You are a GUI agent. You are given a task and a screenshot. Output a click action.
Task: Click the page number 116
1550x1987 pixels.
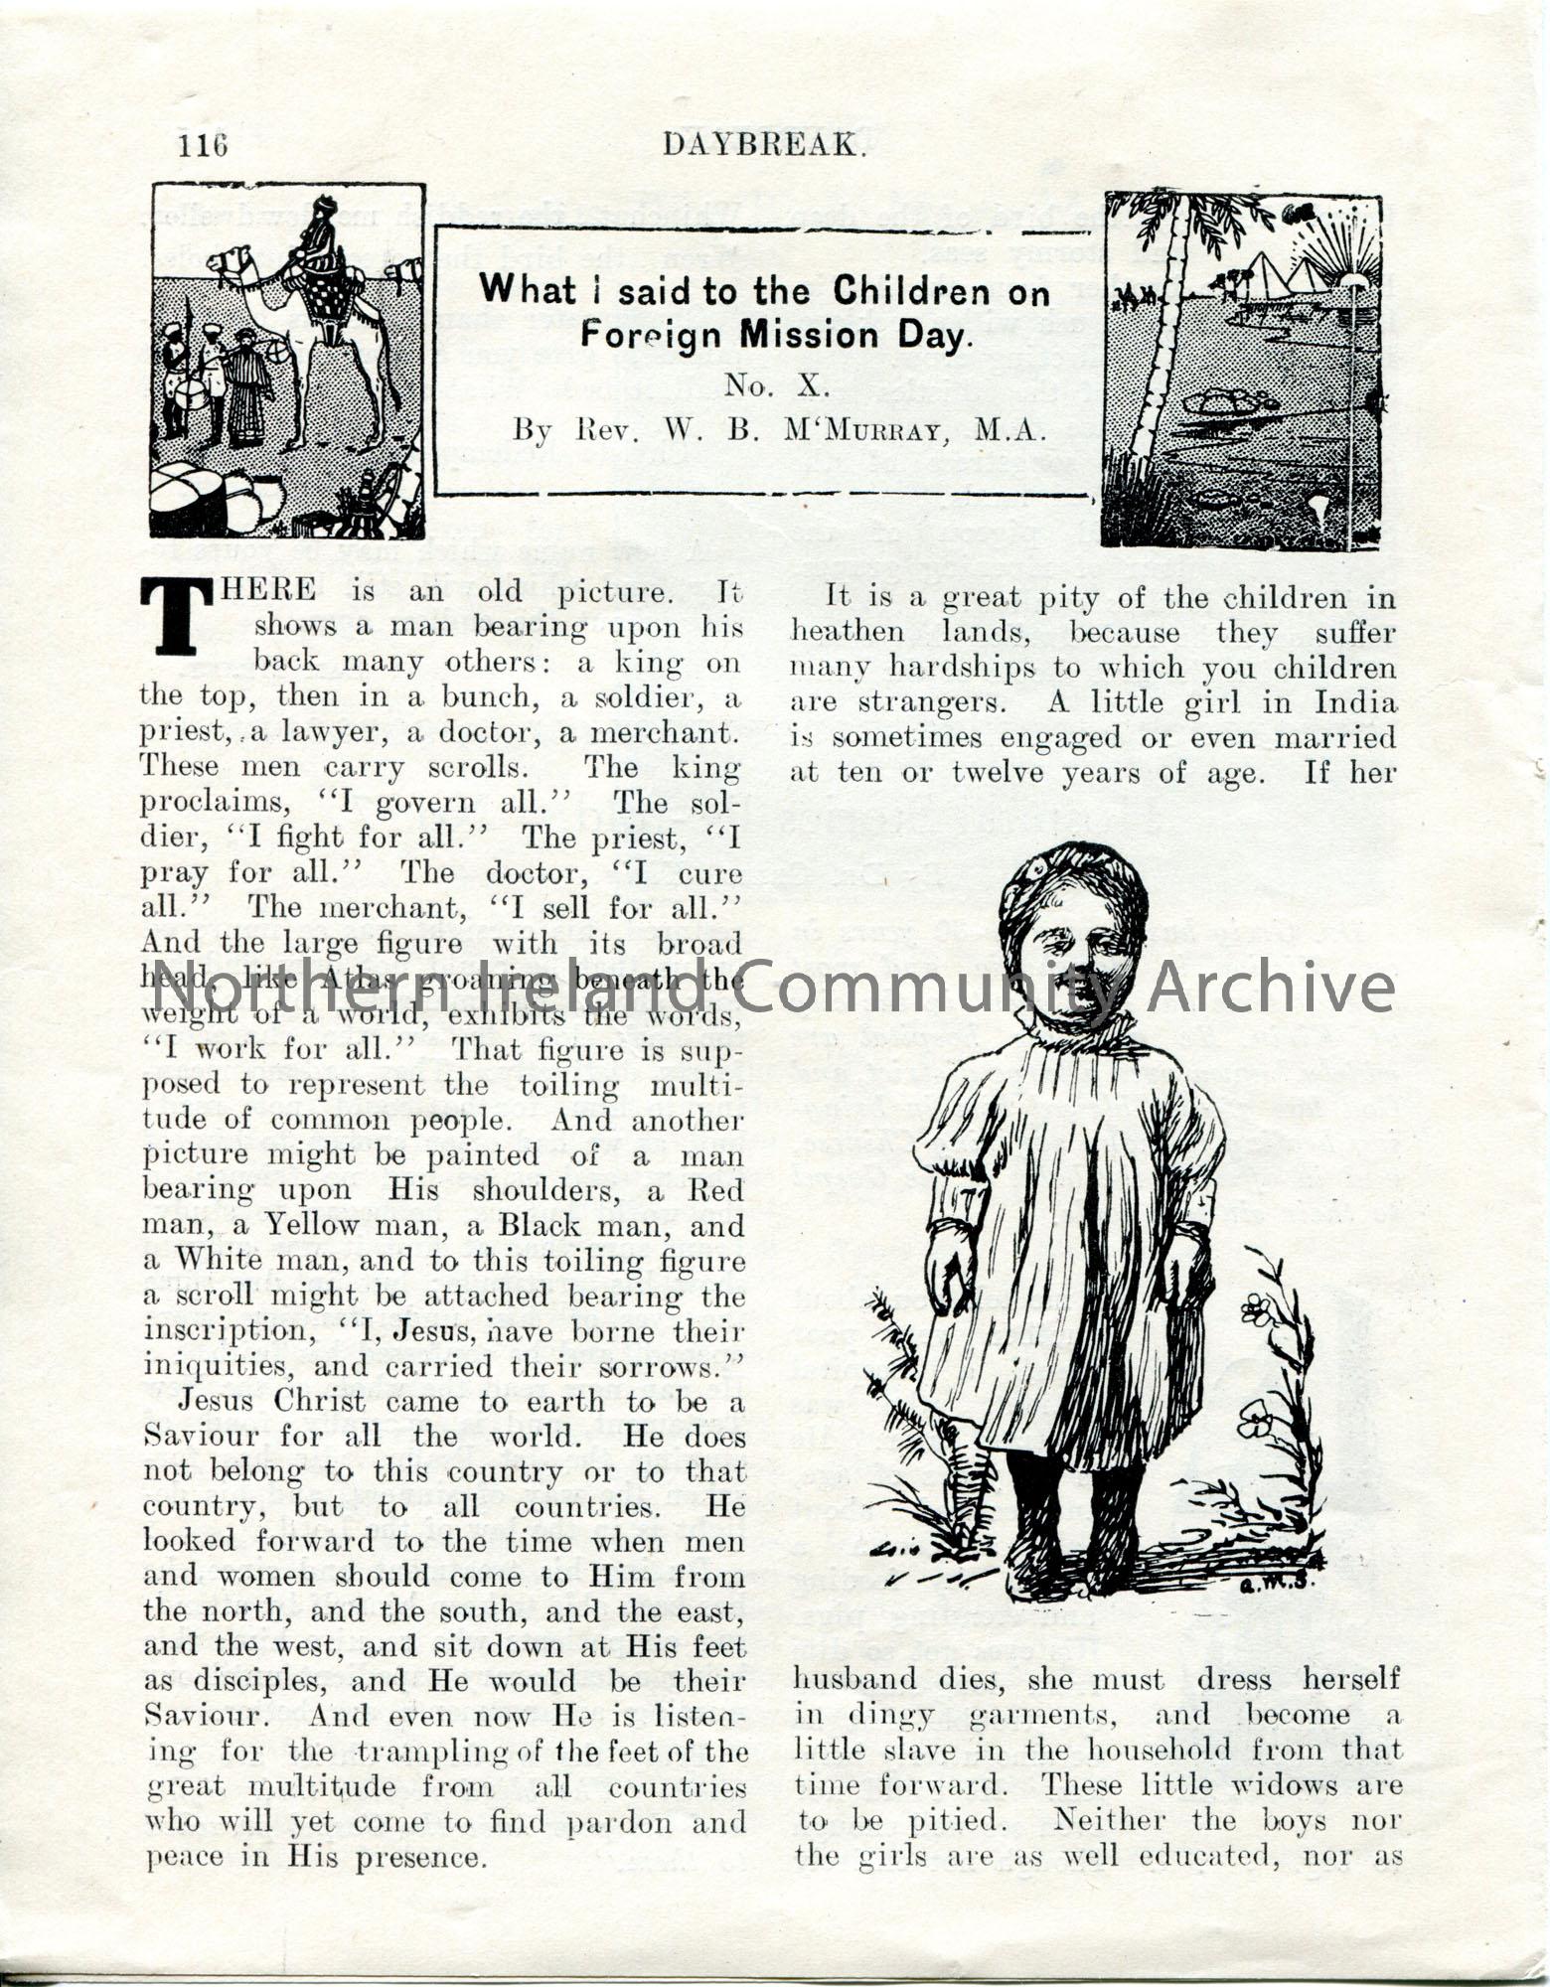point(203,146)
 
